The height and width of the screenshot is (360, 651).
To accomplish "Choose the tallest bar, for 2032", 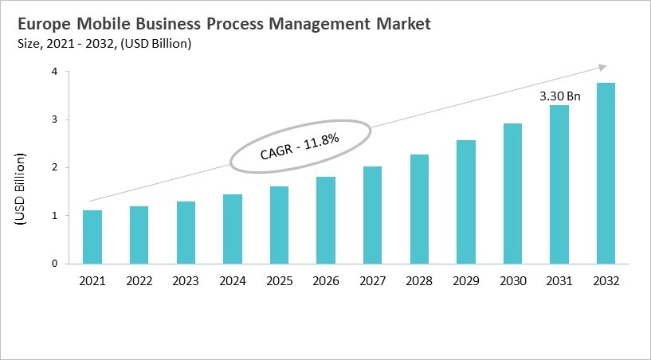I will tap(606, 174).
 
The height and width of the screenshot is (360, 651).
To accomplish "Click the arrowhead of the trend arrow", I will tap(602, 68).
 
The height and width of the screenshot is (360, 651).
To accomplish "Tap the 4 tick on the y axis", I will tap(55, 72).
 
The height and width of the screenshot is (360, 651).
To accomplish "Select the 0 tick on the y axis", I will tap(55, 264).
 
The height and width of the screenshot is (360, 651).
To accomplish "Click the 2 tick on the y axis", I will tap(55, 168).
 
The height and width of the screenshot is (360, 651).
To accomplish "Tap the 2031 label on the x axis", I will tap(559, 280).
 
